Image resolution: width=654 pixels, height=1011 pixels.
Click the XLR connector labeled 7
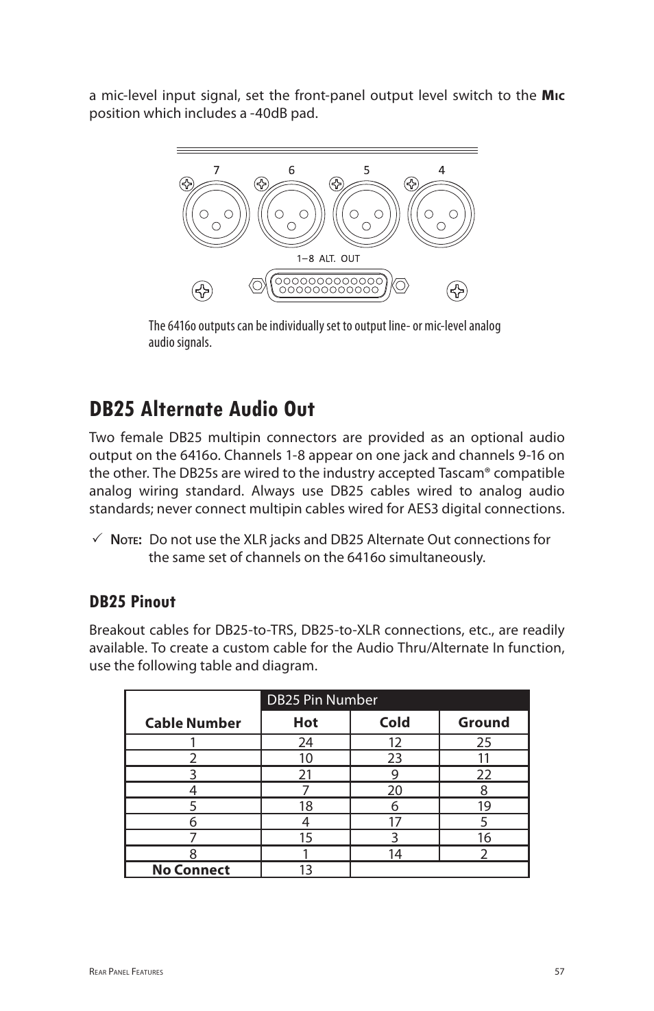coord(216,215)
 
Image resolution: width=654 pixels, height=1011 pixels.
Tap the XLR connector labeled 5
coord(367,215)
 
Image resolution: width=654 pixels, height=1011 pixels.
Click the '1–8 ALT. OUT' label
coord(328,258)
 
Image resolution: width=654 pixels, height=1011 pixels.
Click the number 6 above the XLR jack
coord(291,170)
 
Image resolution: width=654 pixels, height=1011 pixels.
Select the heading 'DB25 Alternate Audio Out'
coord(202,409)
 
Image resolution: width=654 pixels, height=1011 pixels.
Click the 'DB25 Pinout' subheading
coord(132,602)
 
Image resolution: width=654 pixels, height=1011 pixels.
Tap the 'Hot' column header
coord(305,722)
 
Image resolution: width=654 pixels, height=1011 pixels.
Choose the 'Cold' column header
coord(394,722)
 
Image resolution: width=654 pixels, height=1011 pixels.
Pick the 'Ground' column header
coord(484,722)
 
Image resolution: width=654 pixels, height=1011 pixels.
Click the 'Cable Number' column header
coord(193,723)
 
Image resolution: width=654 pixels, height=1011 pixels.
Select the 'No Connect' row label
coord(191,870)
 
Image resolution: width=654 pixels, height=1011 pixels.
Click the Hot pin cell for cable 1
coord(305,742)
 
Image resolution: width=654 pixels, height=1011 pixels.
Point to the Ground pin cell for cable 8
coord(484,854)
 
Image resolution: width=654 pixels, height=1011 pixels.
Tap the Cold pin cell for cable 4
coord(394,790)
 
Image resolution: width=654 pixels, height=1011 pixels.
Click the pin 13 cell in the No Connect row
coord(305,870)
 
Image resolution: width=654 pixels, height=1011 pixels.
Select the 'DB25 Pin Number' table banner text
coord(322,700)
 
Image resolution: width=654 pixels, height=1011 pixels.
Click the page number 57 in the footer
coord(559,971)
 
